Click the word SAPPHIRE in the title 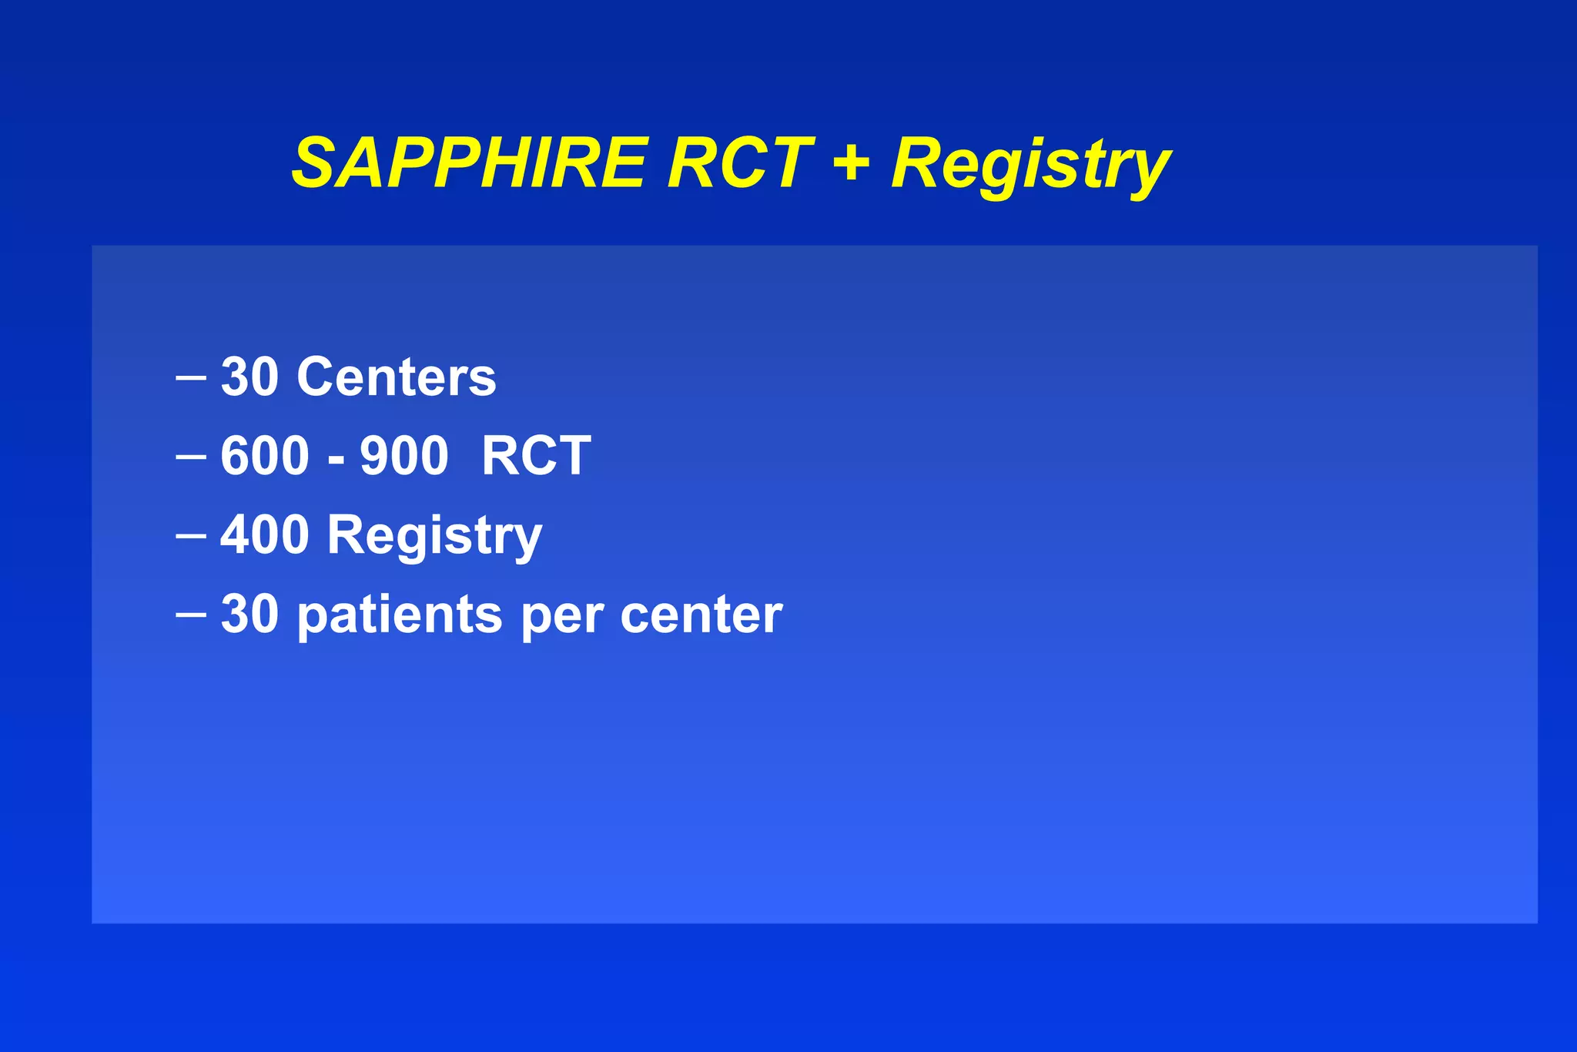click(x=470, y=163)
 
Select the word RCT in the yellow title click(x=739, y=163)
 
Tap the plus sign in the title click(x=852, y=163)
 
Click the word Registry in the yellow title click(x=1030, y=166)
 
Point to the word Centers click(x=397, y=377)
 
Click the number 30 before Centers click(x=249, y=377)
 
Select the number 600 click(x=265, y=456)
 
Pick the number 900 click(x=404, y=456)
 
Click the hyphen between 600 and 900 click(x=336, y=460)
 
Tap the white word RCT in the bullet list click(x=536, y=456)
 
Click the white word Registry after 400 click(x=435, y=536)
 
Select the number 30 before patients click(x=249, y=615)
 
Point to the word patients click(x=400, y=616)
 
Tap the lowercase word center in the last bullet click(x=701, y=615)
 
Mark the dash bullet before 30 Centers click(x=190, y=378)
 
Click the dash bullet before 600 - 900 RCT click(x=190, y=457)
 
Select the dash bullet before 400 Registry click(x=190, y=535)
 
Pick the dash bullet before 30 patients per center click(x=190, y=615)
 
